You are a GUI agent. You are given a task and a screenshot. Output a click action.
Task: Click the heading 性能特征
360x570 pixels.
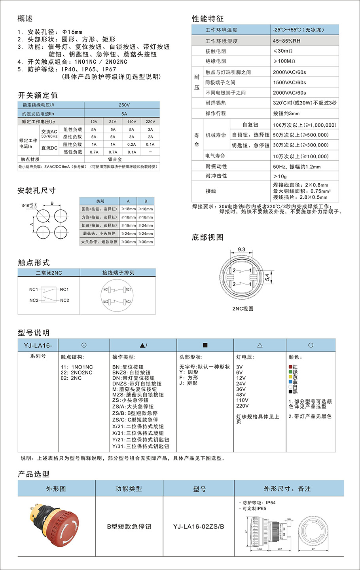(208, 19)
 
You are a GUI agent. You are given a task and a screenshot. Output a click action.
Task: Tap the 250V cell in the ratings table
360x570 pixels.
(124, 105)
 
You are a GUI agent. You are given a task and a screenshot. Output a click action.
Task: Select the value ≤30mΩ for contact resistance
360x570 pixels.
(283, 51)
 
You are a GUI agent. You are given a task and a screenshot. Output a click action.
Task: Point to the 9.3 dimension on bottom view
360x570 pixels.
(241, 249)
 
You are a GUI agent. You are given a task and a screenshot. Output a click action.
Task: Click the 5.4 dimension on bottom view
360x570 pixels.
(267, 277)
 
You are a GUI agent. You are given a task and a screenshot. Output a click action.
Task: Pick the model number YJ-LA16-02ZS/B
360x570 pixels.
(199, 526)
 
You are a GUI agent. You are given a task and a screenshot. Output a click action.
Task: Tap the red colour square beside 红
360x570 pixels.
(290, 367)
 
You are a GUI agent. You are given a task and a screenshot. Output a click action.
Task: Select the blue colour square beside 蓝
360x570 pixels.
(290, 382)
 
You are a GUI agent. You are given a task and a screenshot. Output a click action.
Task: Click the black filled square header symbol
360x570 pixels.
(205, 345)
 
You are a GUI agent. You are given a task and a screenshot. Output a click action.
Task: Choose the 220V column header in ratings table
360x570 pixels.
(150, 122)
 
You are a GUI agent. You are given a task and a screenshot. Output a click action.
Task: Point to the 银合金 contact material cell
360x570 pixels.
(115, 159)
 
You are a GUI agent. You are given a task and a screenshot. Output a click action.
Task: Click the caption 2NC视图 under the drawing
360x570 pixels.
(243, 309)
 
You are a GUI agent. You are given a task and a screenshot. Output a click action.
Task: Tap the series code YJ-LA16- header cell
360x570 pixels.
(38, 345)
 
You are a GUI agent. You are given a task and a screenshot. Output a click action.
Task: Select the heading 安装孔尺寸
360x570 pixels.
(36, 191)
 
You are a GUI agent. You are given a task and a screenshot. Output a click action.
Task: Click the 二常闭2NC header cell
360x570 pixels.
(49, 273)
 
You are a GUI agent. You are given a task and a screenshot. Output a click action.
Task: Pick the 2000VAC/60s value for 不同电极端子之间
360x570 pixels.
(290, 93)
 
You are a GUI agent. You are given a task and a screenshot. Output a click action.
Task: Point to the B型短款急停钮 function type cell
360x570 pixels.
(129, 526)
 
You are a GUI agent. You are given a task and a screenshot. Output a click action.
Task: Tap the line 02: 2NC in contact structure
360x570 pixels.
(71, 378)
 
